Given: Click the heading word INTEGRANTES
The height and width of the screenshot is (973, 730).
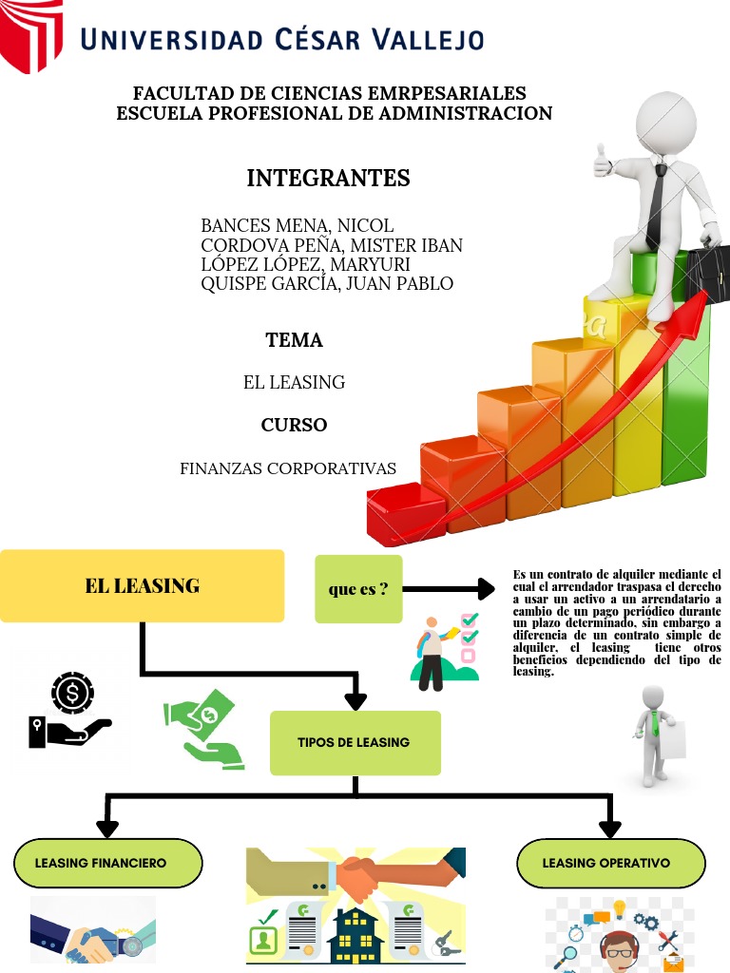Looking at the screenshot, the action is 328,179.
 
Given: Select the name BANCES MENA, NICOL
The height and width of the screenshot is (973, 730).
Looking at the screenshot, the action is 297,226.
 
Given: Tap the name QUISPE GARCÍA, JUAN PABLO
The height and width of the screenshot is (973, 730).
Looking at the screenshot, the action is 327,283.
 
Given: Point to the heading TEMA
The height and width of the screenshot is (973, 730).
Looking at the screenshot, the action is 294,340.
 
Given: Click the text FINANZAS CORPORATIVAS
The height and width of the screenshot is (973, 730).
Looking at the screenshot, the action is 287,468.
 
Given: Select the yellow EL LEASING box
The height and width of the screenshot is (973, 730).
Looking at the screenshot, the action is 143,586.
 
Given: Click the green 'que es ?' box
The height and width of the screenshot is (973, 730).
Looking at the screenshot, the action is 357,589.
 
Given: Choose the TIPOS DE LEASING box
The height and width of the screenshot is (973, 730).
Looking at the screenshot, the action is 355,742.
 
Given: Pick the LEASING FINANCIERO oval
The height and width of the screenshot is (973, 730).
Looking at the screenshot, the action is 107,863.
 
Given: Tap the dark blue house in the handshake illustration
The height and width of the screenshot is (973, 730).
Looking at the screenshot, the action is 355,935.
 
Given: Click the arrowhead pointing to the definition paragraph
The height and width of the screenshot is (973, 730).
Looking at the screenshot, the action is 486,589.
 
